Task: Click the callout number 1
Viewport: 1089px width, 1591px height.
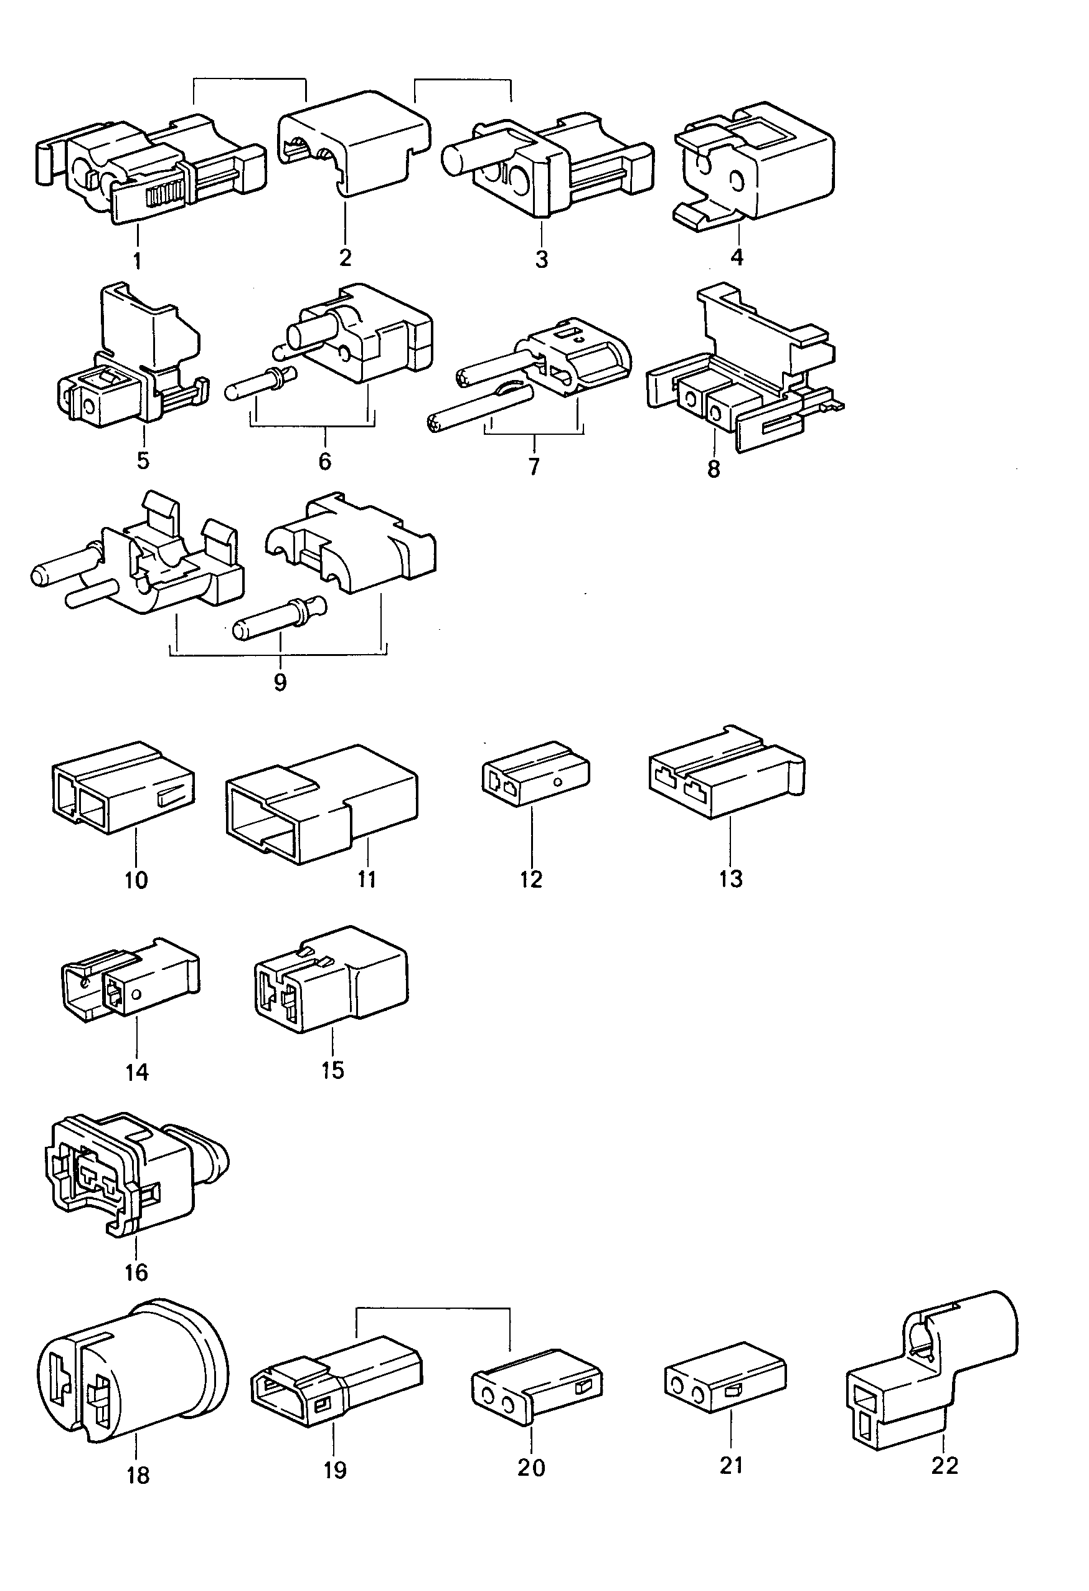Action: point(137,261)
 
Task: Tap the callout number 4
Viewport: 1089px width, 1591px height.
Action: point(737,257)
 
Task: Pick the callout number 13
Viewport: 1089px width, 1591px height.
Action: point(730,878)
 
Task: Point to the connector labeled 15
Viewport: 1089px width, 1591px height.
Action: point(331,979)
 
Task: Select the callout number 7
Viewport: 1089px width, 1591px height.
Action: point(533,466)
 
